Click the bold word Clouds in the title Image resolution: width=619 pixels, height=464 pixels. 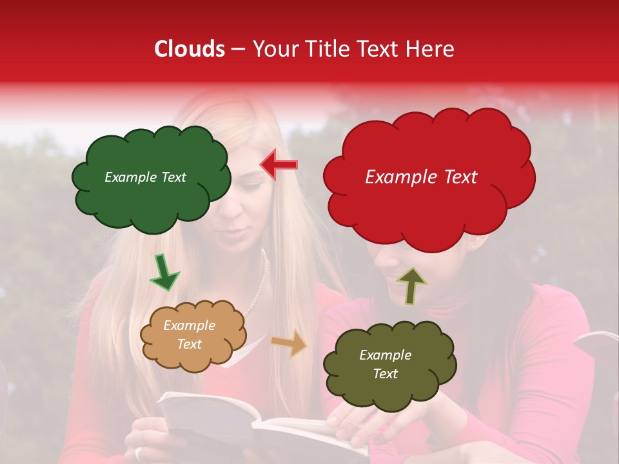(190, 49)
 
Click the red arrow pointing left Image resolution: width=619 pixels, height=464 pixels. (279, 165)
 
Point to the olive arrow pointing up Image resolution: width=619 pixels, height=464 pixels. (411, 285)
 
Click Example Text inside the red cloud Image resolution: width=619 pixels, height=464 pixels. (421, 177)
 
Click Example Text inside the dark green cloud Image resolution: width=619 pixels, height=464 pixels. (145, 177)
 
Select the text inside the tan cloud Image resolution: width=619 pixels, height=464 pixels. (189, 335)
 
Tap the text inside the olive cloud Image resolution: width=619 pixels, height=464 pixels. (385, 365)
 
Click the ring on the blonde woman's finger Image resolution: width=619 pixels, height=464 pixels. (139, 453)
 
